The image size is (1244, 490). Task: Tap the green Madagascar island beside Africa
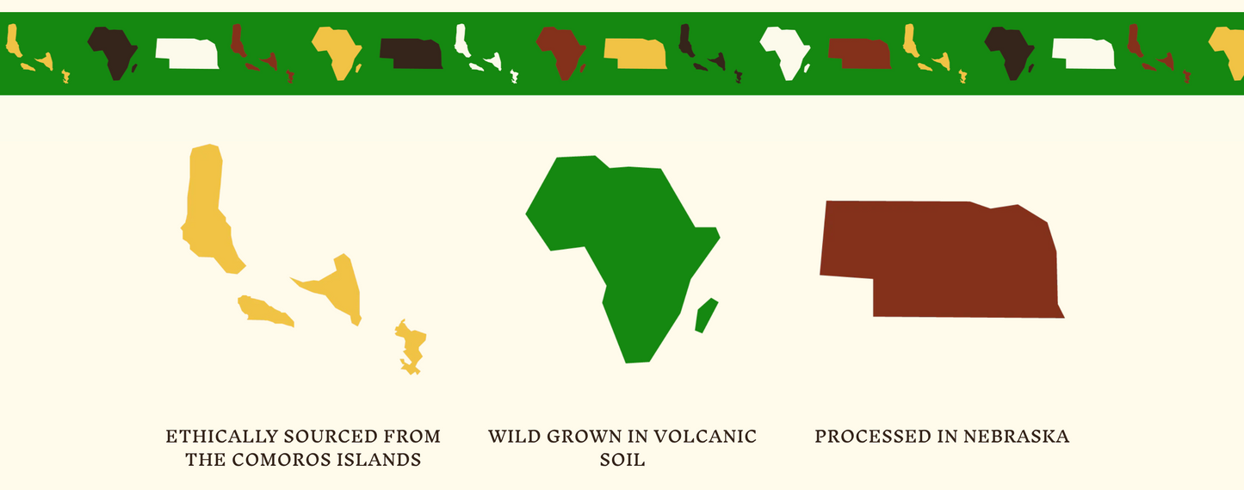707,315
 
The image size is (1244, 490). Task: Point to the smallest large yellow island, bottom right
411,347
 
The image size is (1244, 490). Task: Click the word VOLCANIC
705,437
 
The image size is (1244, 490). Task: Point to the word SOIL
622,460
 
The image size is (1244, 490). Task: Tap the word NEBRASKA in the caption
1017,437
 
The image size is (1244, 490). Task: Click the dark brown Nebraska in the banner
411,54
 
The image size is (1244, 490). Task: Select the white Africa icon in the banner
784,52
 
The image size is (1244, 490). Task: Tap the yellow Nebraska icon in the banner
635,54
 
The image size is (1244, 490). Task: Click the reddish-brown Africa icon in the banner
560,52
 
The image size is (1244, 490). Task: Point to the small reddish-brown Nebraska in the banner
860,54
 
